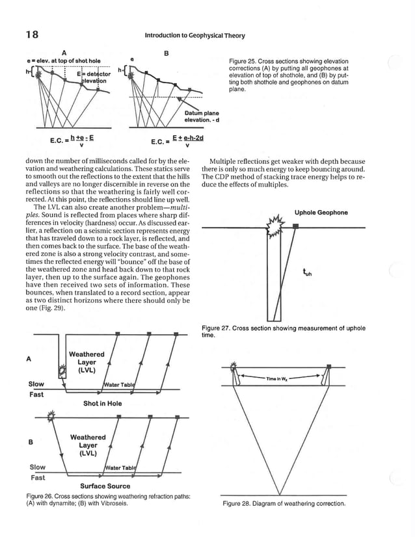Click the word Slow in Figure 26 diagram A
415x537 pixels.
point(36,384)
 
